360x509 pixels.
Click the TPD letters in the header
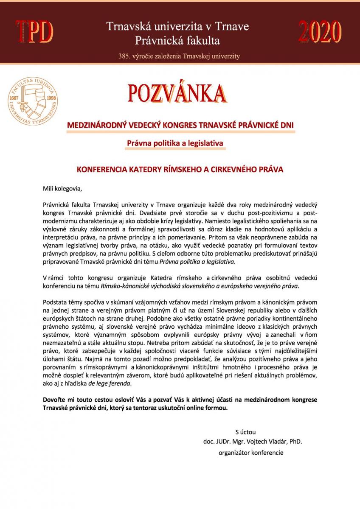click(x=35, y=32)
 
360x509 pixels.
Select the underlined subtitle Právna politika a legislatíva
click(x=175, y=143)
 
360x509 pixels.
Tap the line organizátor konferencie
click(x=251, y=453)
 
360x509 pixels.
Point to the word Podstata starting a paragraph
click(x=56, y=302)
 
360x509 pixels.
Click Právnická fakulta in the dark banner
click(x=177, y=41)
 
